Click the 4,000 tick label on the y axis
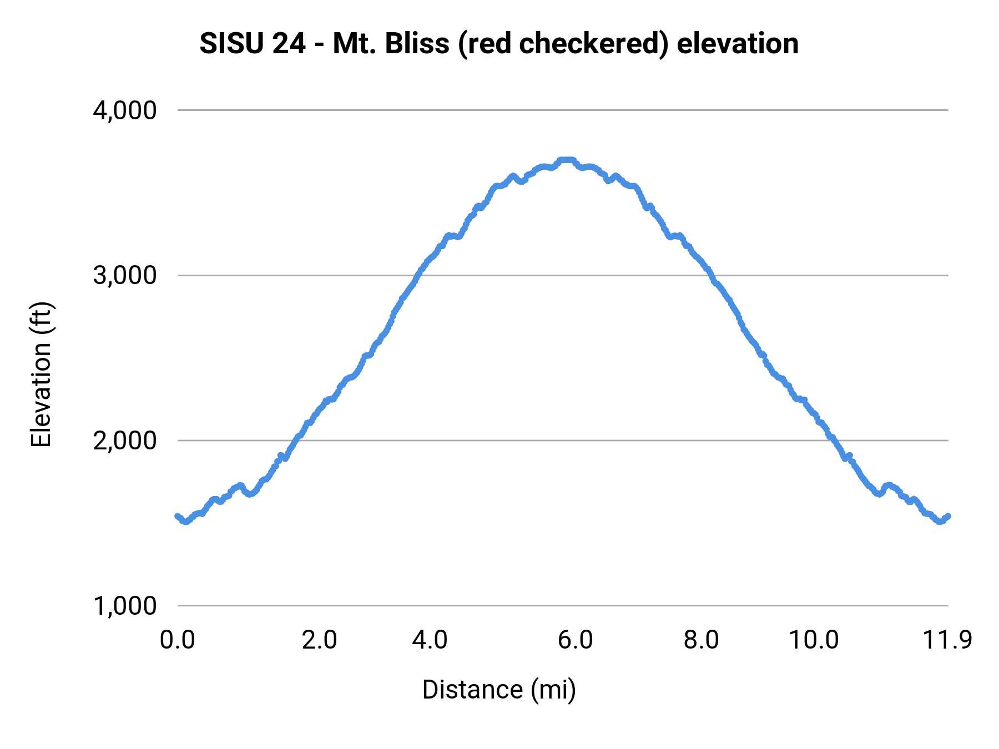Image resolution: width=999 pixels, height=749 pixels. click(x=125, y=110)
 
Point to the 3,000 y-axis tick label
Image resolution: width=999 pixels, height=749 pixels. click(x=125, y=275)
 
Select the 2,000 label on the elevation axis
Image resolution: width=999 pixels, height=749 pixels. click(x=125, y=441)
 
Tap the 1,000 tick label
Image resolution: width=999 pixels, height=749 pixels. click(x=125, y=605)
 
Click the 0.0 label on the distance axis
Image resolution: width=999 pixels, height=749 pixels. click(x=177, y=640)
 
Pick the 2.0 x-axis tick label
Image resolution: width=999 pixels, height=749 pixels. click(x=320, y=640)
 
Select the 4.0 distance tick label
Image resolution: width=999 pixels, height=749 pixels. click(x=430, y=640)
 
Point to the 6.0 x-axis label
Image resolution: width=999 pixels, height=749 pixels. click(x=576, y=640)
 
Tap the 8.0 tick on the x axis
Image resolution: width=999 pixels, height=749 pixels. click(x=701, y=640)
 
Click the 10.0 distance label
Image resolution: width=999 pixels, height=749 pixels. click(x=814, y=640)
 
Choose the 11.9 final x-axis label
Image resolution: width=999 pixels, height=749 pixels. click(x=947, y=640)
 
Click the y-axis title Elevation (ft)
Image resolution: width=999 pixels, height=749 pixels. click(x=41, y=374)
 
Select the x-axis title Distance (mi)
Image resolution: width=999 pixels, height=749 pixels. click(x=499, y=690)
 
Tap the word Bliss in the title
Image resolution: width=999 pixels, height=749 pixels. click(x=417, y=43)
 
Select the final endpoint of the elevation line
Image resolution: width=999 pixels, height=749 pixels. click(x=948, y=516)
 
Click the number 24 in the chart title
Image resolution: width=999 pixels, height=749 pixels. click(x=289, y=43)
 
